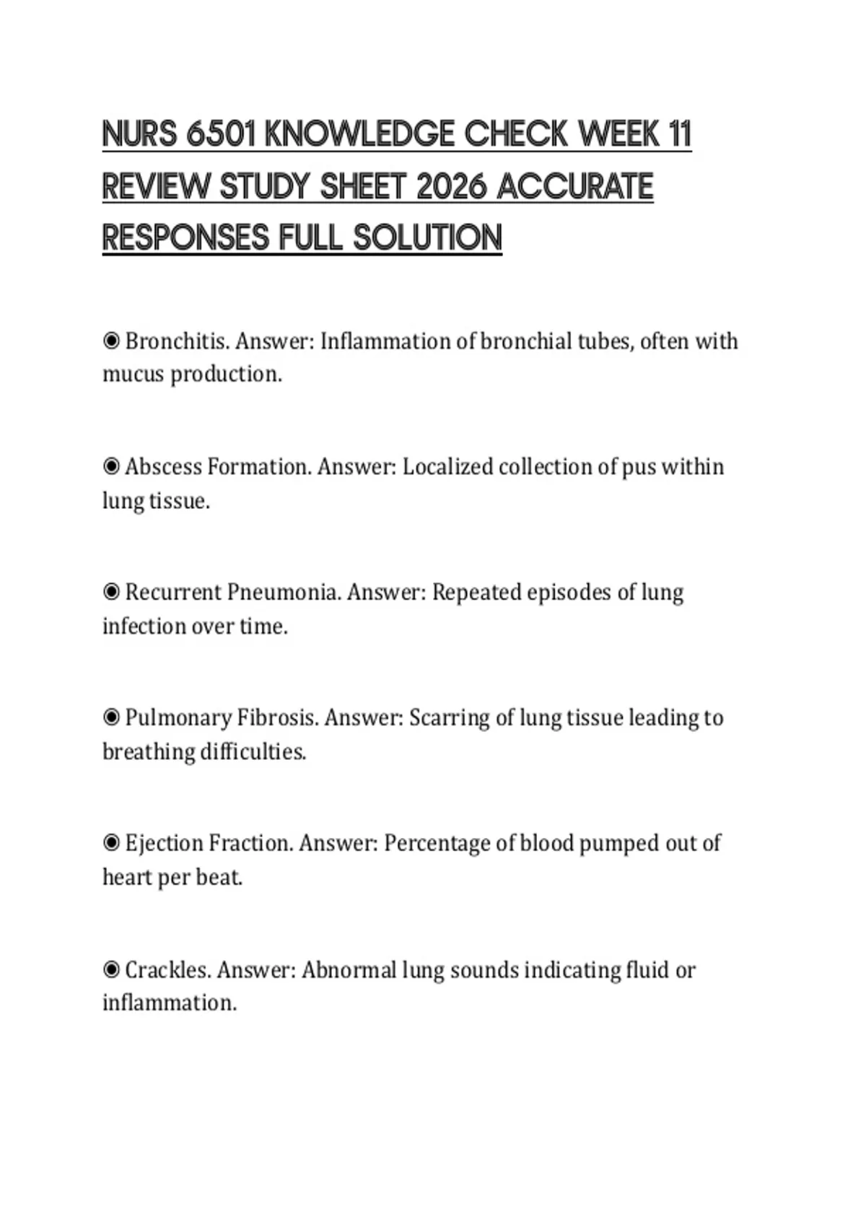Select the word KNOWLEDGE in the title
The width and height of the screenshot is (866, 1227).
tap(361, 135)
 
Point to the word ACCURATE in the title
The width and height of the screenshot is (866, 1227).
tap(575, 187)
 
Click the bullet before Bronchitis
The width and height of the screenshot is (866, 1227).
tap(111, 341)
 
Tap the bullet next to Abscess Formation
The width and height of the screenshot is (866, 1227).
tap(111, 467)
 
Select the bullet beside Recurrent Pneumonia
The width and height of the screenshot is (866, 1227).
tap(111, 593)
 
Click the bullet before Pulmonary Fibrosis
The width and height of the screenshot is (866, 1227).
tap(111, 718)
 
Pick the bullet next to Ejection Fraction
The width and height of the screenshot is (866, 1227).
tap(111, 844)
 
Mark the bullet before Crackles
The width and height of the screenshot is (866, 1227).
tap(111, 969)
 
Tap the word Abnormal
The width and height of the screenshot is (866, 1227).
tap(349, 969)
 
